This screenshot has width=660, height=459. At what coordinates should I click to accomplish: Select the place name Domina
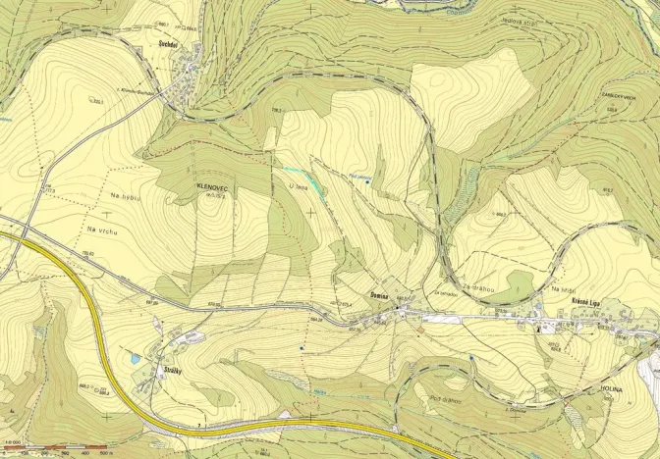(379, 295)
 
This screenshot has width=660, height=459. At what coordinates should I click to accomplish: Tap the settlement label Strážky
(163, 369)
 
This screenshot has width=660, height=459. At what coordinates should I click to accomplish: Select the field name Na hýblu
(114, 210)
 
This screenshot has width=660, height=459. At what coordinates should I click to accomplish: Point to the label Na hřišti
(562, 289)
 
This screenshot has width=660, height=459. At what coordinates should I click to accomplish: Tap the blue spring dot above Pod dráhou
(472, 359)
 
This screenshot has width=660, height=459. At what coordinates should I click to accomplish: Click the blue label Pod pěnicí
(360, 177)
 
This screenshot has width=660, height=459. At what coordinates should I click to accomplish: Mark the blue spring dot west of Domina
(302, 347)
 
